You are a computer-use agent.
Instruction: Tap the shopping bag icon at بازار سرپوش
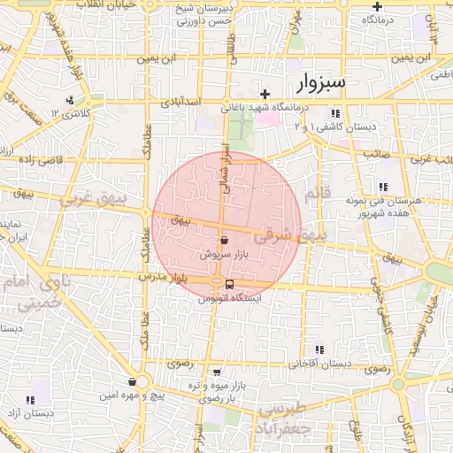pyautogui.click(x=225, y=240)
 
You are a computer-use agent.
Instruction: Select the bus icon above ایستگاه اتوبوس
pyautogui.click(x=230, y=284)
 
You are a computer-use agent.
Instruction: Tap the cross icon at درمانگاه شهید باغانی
pyautogui.click(x=265, y=94)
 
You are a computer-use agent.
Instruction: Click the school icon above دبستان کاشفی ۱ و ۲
pyautogui.click(x=335, y=114)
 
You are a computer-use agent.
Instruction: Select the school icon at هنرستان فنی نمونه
pyautogui.click(x=382, y=187)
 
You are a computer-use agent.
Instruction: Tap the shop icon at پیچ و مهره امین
pyautogui.click(x=132, y=382)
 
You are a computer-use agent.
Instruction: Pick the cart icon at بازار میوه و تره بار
pyautogui.click(x=218, y=372)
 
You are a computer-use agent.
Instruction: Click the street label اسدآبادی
pyautogui.click(x=180, y=103)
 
